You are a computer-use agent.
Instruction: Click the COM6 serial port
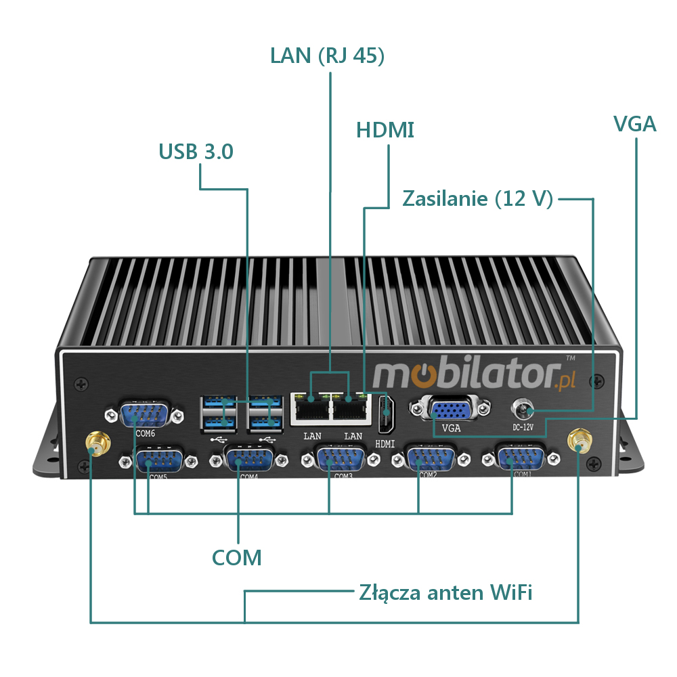point(144,414)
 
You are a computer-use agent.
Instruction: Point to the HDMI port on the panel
point(385,414)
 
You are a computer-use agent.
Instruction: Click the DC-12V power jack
point(523,410)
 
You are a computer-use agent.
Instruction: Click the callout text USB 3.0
point(196,152)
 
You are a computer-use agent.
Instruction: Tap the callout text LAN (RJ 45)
point(328,56)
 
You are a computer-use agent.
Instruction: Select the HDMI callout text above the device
point(385,130)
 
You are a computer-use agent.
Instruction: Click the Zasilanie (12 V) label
point(478,199)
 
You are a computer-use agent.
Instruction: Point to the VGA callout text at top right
point(634,124)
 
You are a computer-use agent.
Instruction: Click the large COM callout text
point(236,558)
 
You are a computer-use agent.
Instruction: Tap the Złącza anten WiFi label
point(445,593)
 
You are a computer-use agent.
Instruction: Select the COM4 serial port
point(246,460)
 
